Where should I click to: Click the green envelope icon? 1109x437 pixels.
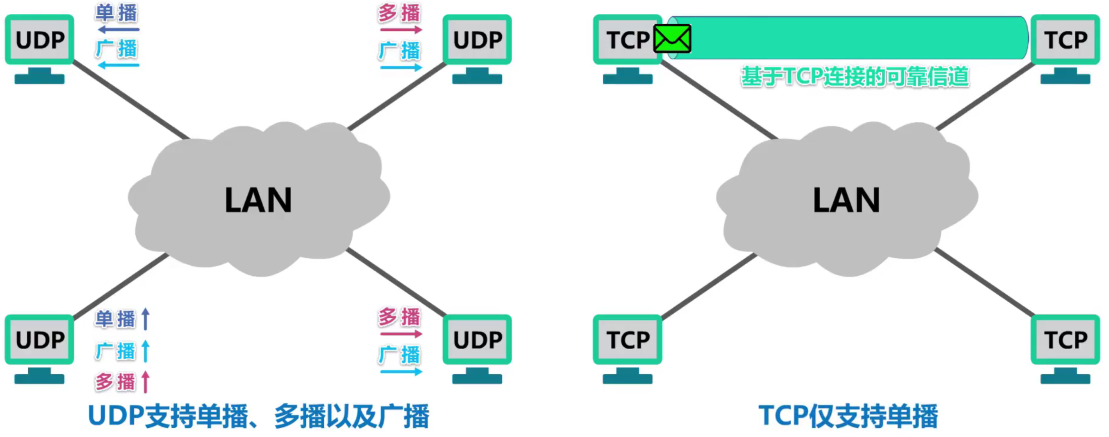click(672, 39)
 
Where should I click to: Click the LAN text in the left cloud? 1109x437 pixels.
click(258, 200)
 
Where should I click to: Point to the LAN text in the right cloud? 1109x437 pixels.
click(846, 200)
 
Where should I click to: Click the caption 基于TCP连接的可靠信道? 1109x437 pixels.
click(855, 77)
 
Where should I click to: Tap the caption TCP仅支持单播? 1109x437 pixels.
click(848, 416)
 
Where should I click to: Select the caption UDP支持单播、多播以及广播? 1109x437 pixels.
click(258, 416)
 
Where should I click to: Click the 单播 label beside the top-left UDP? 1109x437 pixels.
click(116, 13)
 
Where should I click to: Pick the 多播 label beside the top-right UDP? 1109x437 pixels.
click(399, 13)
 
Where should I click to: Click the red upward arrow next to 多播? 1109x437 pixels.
click(146, 382)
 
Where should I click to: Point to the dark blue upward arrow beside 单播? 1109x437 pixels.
click(146, 319)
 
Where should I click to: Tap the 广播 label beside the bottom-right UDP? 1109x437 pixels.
click(399, 355)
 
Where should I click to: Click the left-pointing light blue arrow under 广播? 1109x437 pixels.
click(118, 65)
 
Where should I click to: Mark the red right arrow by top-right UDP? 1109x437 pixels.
click(401, 30)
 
